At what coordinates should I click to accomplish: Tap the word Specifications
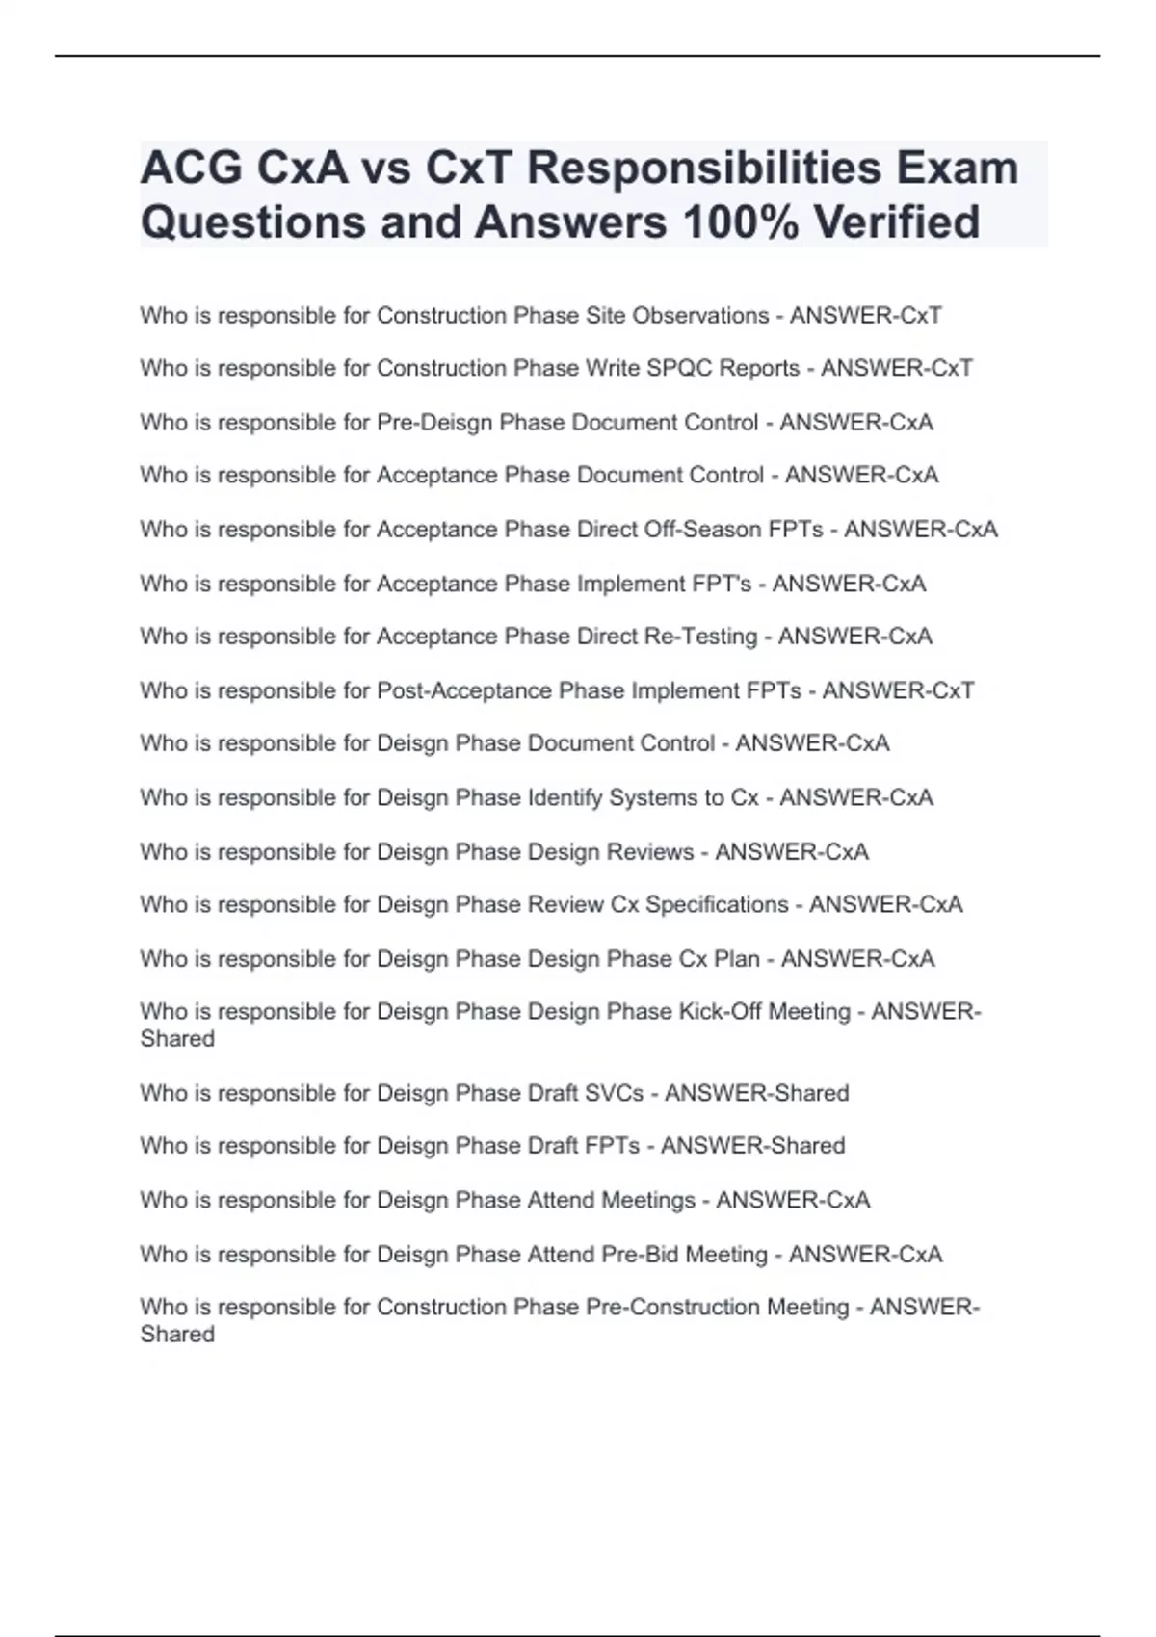[717, 905]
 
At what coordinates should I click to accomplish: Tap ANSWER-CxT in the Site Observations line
[865, 316]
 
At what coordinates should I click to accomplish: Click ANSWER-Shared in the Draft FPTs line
[752, 1146]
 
